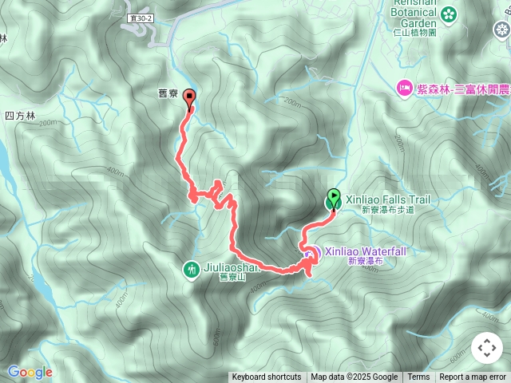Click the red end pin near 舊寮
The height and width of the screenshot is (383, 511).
(x=189, y=98)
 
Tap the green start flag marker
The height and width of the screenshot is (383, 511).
(x=334, y=199)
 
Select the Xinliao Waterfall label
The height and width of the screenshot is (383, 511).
(x=365, y=251)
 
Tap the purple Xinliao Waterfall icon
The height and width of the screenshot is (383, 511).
(x=311, y=254)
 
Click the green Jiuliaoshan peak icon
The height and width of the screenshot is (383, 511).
(x=192, y=269)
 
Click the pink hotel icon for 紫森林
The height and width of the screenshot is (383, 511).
(x=405, y=87)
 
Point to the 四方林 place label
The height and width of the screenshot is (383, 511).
(x=20, y=116)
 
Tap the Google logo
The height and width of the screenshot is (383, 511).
(x=30, y=372)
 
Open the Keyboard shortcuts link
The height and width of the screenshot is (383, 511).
(x=267, y=377)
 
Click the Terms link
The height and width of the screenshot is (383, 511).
(x=418, y=377)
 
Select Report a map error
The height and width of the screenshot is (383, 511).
(x=473, y=377)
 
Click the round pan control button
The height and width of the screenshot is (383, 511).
(x=487, y=348)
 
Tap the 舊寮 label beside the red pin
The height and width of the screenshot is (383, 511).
(x=168, y=93)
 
